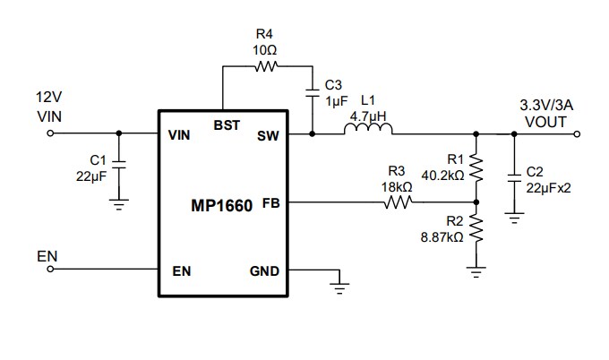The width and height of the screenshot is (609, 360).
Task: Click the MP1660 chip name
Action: [222, 204]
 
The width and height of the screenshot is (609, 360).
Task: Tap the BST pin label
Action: [227, 125]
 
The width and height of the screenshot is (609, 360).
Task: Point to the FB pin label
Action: [270, 203]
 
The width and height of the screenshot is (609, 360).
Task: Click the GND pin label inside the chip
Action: [262, 271]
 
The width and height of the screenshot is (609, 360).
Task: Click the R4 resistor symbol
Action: [267, 65]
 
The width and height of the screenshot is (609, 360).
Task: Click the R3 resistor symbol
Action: [399, 203]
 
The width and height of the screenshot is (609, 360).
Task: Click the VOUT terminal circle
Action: [578, 134]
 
